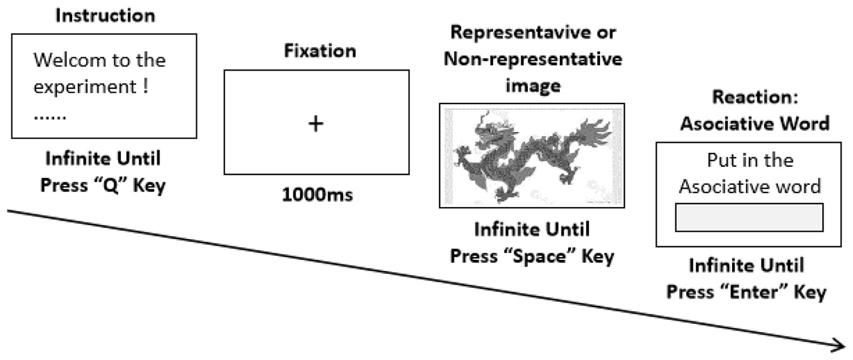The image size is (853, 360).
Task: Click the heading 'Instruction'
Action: click(105, 16)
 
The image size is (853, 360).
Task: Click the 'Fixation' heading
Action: click(320, 51)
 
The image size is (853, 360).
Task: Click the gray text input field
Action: click(749, 217)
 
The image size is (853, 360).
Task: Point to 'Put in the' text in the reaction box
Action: click(750, 161)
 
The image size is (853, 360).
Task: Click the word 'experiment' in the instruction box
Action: click(84, 88)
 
